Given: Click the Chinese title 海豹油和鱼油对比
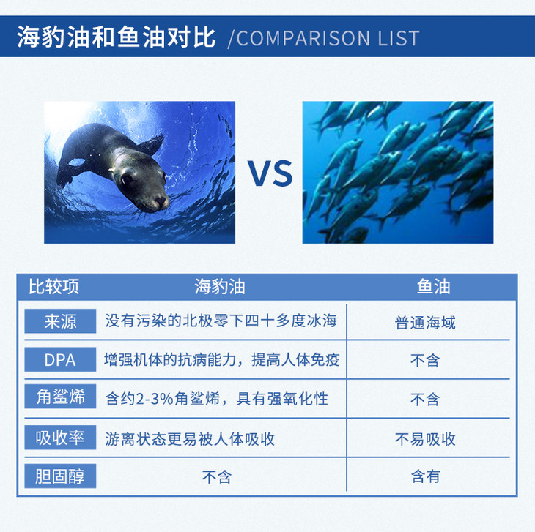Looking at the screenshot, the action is (x=116, y=37).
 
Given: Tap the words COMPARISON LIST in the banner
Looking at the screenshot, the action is (x=328, y=38).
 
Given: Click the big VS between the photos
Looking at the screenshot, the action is (x=270, y=173).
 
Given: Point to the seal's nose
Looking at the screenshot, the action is (x=160, y=201).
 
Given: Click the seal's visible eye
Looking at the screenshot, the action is (x=126, y=179).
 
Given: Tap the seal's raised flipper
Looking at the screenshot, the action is (x=151, y=144).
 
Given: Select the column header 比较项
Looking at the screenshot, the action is (x=53, y=286).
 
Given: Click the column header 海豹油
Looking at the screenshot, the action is (x=220, y=286).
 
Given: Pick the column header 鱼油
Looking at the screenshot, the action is (x=433, y=286).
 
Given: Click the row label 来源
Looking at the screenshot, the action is (x=60, y=321).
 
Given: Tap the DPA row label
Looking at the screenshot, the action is (x=60, y=359).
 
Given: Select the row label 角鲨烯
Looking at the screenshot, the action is (x=60, y=397).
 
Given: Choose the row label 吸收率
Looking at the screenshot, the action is (x=60, y=438).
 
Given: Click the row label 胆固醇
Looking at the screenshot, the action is (x=60, y=476).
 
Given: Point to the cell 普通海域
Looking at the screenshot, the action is (x=425, y=323).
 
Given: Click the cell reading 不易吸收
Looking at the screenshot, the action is (x=425, y=439).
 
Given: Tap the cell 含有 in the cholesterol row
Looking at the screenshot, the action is (x=425, y=476).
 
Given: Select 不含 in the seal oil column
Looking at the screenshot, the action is (x=217, y=477).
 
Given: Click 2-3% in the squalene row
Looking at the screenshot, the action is (x=155, y=399).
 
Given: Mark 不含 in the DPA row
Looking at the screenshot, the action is (x=425, y=360).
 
